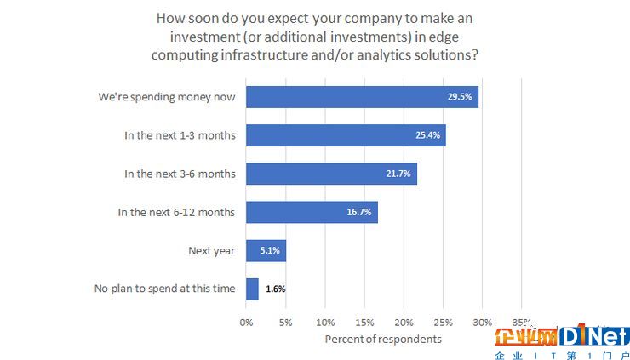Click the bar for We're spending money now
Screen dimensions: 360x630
[x=362, y=97]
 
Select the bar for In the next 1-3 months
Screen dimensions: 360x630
[x=346, y=135]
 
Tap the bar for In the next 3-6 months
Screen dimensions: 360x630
[x=331, y=174]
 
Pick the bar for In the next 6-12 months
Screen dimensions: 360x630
[x=312, y=212]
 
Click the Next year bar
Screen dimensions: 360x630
[x=266, y=250]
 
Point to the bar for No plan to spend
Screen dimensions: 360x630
[x=252, y=289]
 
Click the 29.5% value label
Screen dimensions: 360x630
[x=460, y=97]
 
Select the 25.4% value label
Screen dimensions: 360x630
[x=427, y=135]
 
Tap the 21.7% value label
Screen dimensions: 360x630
[x=398, y=174]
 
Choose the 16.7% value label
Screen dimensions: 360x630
[x=358, y=212]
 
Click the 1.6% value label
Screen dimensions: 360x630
[x=275, y=289]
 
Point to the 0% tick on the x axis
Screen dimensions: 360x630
[x=246, y=323]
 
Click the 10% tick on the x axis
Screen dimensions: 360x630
[x=325, y=323]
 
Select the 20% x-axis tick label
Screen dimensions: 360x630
[x=404, y=323]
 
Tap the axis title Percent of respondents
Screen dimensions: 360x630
[x=383, y=340]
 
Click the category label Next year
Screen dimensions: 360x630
[x=211, y=250]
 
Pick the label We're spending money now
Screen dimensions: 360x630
[x=166, y=97]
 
